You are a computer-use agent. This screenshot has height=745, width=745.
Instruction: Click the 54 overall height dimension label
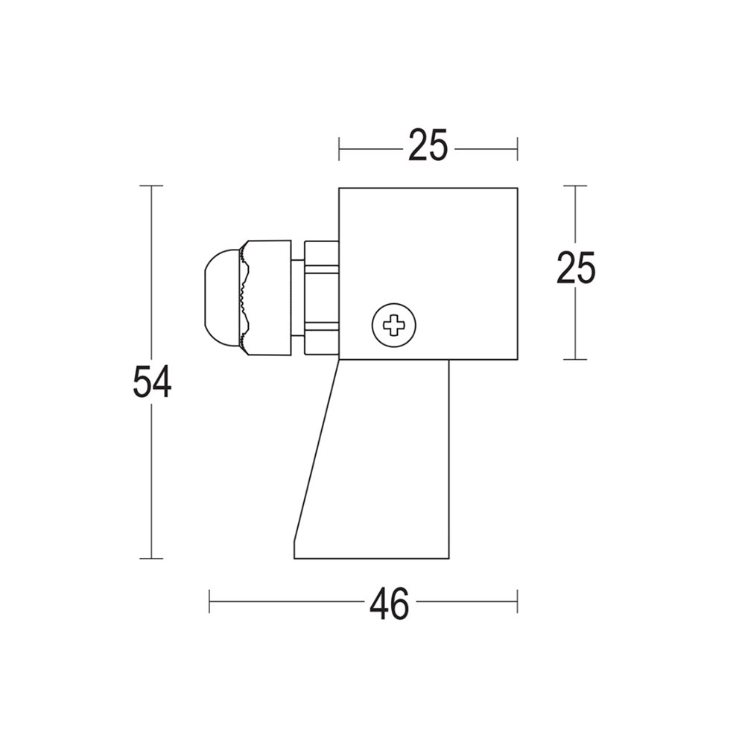(152, 381)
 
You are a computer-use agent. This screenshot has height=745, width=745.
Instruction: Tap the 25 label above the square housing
(428, 146)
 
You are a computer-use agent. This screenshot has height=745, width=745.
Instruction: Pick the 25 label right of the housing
(576, 268)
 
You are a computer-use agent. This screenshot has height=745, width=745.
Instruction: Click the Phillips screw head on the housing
(393, 325)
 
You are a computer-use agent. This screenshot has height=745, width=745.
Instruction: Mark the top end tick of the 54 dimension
(152, 186)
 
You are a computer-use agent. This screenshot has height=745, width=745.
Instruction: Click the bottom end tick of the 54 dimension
(152, 558)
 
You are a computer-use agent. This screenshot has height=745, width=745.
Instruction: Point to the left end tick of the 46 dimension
(209, 601)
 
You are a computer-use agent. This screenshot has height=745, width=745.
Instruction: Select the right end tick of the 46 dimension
(517, 601)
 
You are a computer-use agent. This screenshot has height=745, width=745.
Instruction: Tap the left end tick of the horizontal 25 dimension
(339, 148)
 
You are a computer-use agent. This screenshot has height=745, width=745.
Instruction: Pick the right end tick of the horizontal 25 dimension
(517, 148)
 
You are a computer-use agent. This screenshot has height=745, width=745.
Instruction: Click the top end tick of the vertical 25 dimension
(575, 186)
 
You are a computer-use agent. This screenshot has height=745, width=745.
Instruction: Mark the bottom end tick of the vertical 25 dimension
(575, 359)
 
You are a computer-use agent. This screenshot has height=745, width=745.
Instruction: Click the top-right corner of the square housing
(517, 188)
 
